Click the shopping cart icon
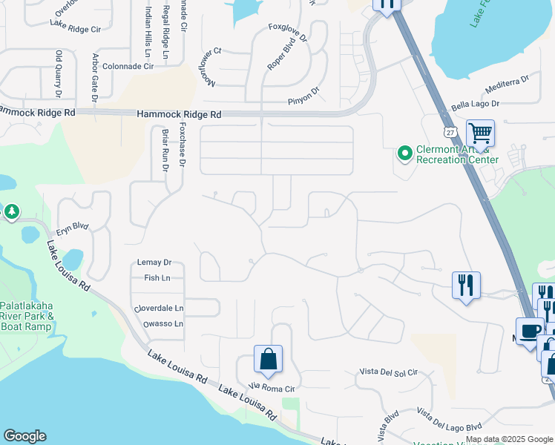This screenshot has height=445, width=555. (480, 134)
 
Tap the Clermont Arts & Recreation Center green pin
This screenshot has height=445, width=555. (405, 154)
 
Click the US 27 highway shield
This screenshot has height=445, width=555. (450, 131)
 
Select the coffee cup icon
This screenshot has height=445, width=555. (530, 331)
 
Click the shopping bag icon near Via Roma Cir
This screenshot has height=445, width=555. (268, 359)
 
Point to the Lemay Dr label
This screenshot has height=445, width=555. (154, 263)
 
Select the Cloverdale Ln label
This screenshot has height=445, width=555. (158, 308)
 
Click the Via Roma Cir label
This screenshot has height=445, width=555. (272, 387)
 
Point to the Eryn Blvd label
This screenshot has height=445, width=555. (72, 226)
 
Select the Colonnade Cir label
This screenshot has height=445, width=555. (128, 66)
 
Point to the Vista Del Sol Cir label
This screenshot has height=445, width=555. (389, 372)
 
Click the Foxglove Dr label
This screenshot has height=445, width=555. (288, 31)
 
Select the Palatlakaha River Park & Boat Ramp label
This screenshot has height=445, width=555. (26, 316)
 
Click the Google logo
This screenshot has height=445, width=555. (24, 436)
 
